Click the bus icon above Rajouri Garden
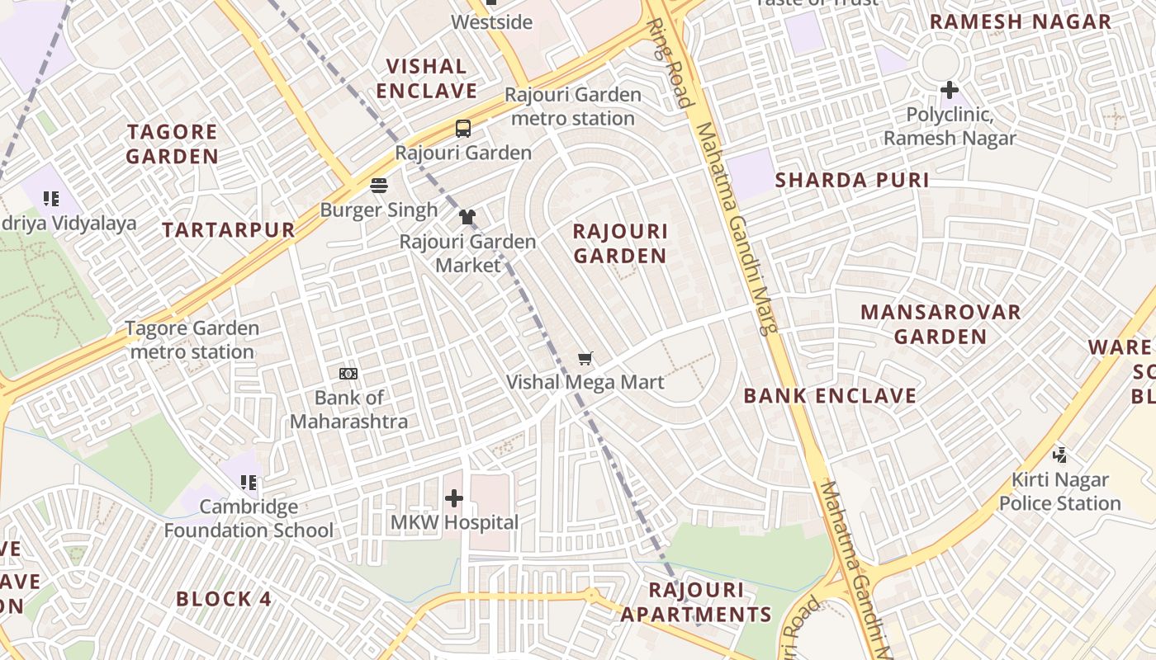click(463, 129)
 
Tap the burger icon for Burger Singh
click(379, 186)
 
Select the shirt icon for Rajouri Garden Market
click(467, 217)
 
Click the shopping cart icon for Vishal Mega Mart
click(585, 358)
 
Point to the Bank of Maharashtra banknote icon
click(348, 374)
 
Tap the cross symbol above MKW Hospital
click(454, 498)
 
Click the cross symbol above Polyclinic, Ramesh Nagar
click(950, 89)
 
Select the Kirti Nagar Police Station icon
click(1060, 455)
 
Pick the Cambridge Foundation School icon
click(249, 482)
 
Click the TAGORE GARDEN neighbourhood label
click(173, 144)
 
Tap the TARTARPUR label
click(229, 230)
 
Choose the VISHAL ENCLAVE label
click(427, 78)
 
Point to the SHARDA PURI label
click(852, 181)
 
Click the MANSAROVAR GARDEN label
click(940, 324)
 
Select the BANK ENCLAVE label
click(830, 396)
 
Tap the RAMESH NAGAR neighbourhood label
click(1021, 22)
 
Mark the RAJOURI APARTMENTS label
click(696, 602)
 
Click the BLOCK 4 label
click(224, 599)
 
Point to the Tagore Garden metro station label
click(192, 340)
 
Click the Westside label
click(492, 22)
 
